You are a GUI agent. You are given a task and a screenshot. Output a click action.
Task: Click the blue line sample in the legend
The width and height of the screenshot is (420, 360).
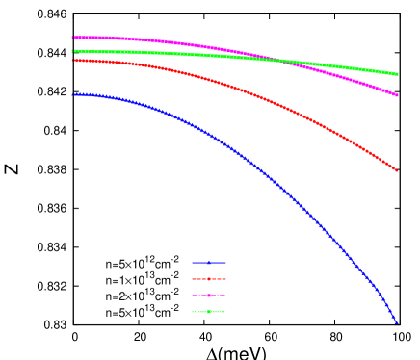click(209, 262)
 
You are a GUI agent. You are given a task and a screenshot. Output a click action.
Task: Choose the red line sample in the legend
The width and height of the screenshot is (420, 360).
click(209, 278)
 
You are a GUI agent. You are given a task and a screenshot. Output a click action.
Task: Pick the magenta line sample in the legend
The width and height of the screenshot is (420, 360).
click(209, 295)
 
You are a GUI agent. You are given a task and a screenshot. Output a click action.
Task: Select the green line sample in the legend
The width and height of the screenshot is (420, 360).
click(209, 311)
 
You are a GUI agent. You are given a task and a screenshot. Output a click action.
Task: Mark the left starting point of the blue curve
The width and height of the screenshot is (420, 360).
click(73, 94)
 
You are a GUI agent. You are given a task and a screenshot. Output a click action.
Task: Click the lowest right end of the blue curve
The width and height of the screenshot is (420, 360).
click(396, 322)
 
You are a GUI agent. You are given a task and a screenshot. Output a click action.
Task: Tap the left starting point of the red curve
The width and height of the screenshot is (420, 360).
click(73, 60)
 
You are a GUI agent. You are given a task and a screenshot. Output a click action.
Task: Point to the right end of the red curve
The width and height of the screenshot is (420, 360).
click(396, 170)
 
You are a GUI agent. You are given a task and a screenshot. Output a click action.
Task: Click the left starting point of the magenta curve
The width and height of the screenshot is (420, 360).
click(73, 38)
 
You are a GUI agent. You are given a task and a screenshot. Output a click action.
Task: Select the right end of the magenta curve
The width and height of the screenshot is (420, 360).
click(397, 95)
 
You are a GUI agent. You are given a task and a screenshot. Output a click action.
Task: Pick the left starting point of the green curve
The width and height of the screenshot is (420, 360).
click(73, 51)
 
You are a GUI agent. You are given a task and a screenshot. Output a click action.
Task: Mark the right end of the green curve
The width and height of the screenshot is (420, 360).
click(397, 74)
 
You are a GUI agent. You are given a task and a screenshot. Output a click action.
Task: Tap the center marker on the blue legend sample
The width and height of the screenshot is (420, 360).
click(209, 262)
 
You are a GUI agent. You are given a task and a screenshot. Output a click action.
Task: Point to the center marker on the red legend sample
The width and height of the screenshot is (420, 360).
click(209, 278)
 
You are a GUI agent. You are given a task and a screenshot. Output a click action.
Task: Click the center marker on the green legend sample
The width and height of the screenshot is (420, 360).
click(209, 311)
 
